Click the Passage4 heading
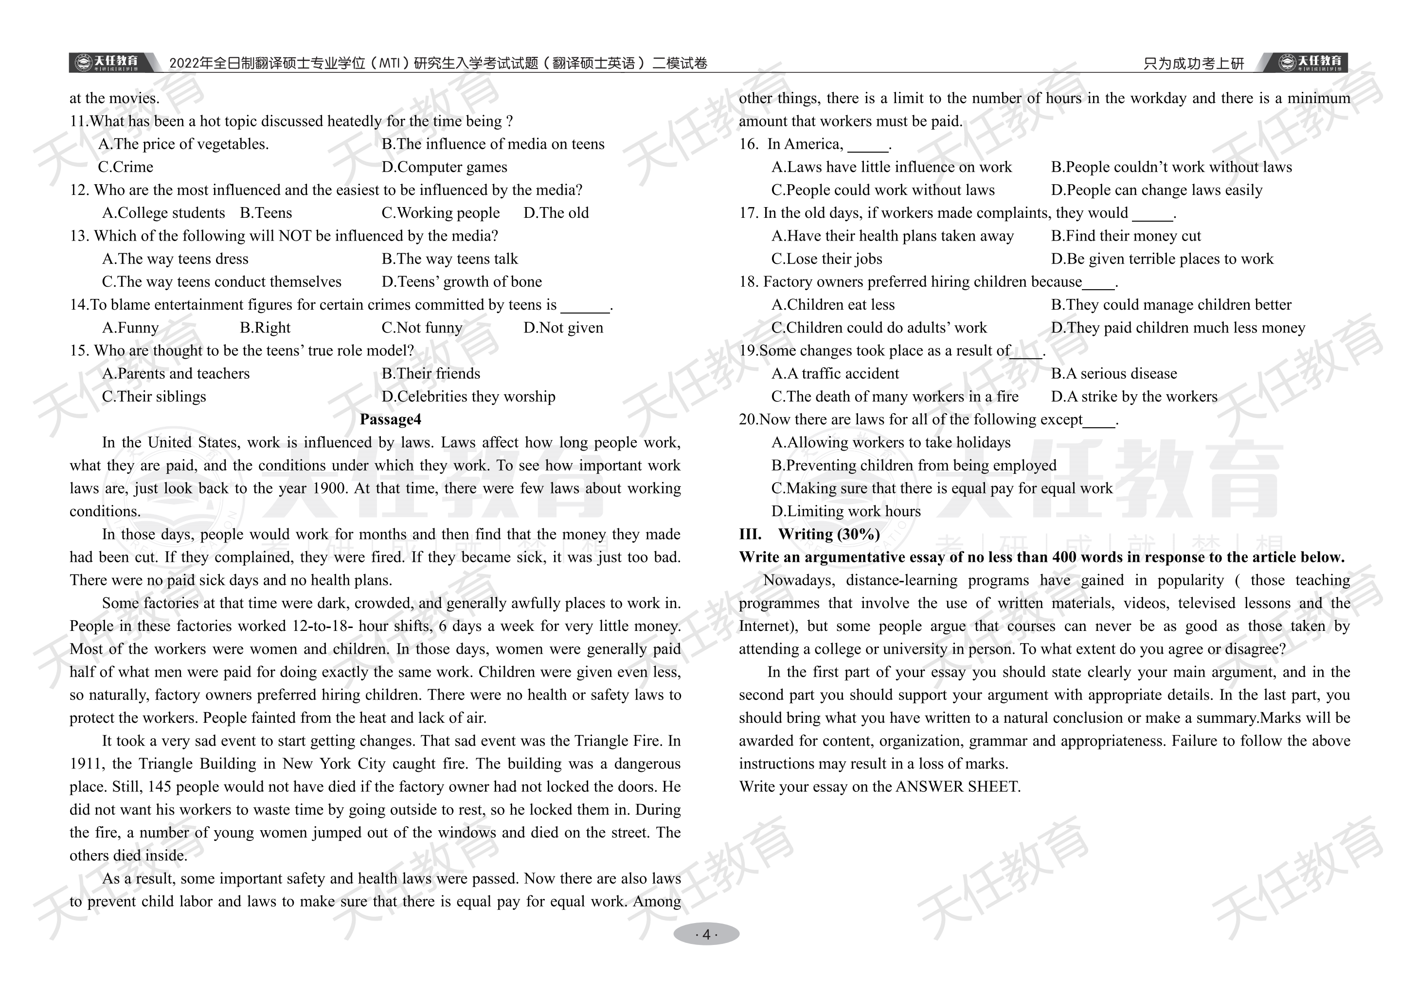click(390, 419)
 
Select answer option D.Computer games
click(444, 167)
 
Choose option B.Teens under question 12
click(266, 213)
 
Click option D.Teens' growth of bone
click(462, 282)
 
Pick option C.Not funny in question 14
click(422, 328)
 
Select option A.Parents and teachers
click(176, 374)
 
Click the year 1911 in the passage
click(87, 764)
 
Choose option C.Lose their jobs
click(826, 259)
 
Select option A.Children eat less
click(833, 305)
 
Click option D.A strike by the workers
click(1134, 397)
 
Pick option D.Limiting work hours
click(845, 511)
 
